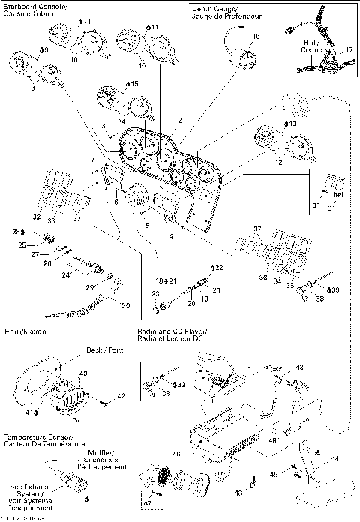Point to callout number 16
tap(256, 35)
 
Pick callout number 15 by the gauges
tap(134, 84)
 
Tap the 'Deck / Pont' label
tap(85, 349)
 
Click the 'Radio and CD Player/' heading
tap(173, 331)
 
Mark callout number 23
tap(155, 294)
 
